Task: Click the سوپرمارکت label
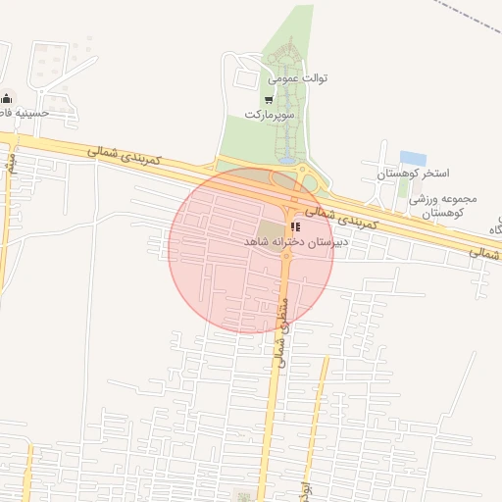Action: pyautogui.click(x=269, y=116)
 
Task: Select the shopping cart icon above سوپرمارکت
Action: pyautogui.click(x=269, y=99)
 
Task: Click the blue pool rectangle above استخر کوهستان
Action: pyautogui.click(x=413, y=158)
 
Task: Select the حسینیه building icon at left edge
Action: pyautogui.click(x=8, y=97)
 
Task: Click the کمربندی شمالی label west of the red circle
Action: pyautogui.click(x=122, y=155)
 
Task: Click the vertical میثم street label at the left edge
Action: pyautogui.click(x=10, y=161)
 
